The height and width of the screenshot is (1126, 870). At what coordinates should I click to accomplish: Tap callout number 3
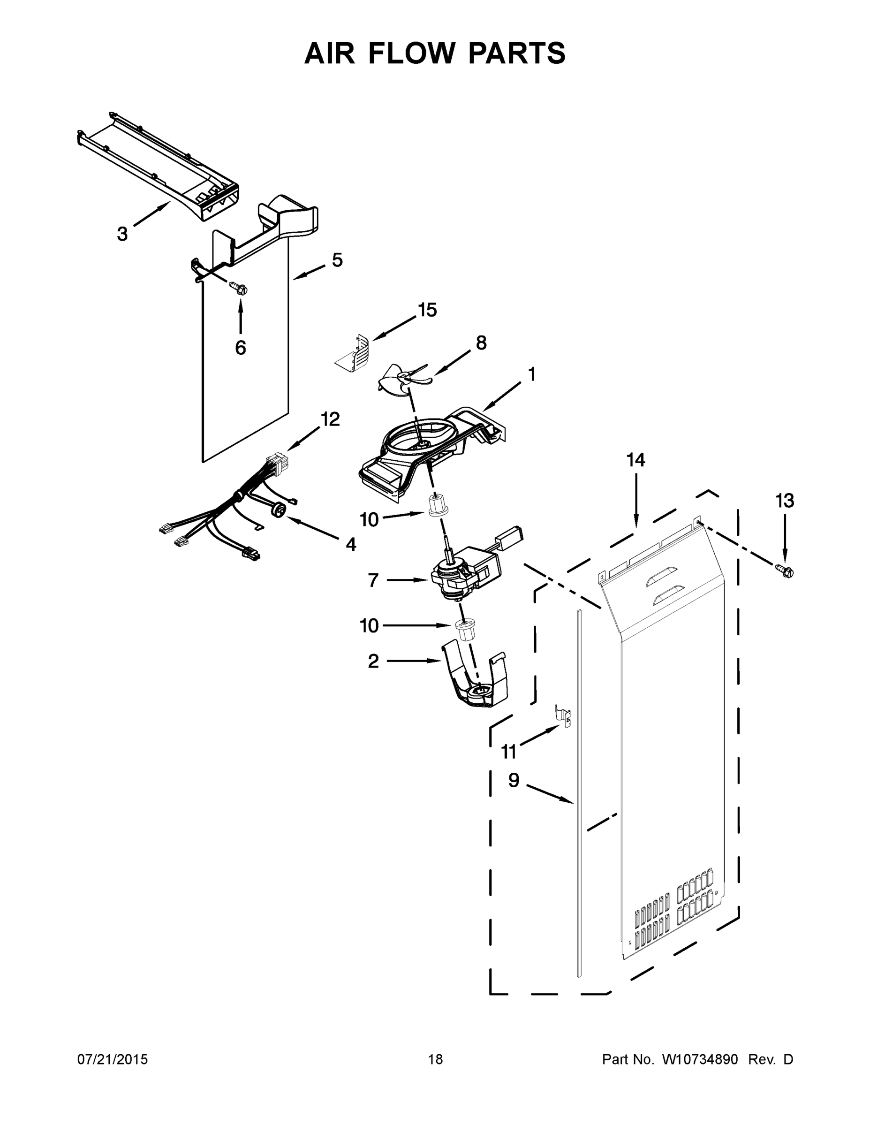click(122, 234)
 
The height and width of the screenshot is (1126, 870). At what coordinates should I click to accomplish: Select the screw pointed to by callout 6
click(239, 288)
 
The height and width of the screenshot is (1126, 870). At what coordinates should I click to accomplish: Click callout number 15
click(427, 310)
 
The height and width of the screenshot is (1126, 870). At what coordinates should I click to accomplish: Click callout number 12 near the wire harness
click(330, 419)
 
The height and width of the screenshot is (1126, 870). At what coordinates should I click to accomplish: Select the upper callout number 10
click(369, 520)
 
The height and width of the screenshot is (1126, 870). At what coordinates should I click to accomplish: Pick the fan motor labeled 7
click(462, 575)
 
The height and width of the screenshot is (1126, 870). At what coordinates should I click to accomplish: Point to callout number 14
click(635, 459)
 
